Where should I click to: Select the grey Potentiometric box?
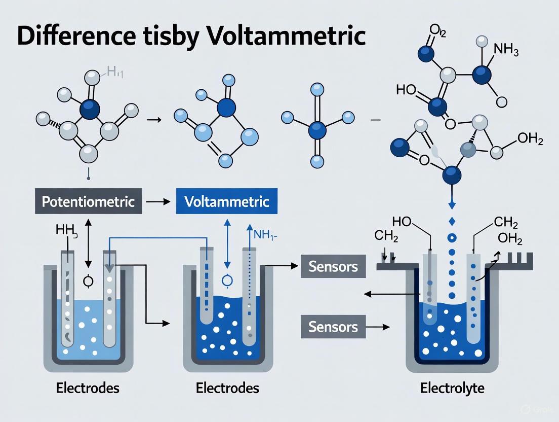(89, 201)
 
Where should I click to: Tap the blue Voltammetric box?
(227, 201)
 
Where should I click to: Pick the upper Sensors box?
(333, 266)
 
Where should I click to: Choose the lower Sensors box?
(333, 326)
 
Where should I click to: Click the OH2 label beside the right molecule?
(529, 139)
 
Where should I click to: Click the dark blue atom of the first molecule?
(90, 109)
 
